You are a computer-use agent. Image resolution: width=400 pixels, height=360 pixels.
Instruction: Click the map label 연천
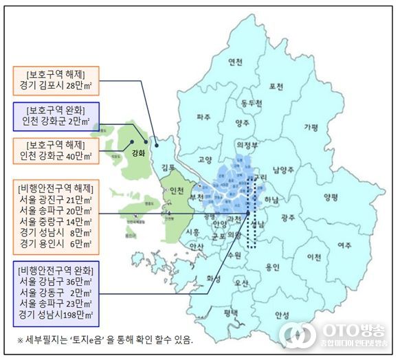click(236, 62)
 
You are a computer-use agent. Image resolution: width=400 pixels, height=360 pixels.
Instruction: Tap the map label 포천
click(277, 87)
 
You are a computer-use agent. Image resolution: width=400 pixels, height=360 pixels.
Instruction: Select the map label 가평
click(311, 127)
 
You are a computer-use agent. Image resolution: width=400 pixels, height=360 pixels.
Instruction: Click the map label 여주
click(344, 245)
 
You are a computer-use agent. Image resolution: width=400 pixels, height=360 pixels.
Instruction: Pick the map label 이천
click(314, 257)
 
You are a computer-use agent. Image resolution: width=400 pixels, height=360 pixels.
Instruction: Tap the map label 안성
click(282, 315)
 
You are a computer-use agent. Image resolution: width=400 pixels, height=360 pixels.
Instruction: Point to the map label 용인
click(273, 267)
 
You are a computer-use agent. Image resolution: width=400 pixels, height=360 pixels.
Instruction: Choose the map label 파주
click(203, 117)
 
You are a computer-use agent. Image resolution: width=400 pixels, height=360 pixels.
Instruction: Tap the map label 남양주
click(284, 169)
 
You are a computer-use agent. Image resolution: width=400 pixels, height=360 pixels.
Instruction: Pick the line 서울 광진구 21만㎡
click(56, 201)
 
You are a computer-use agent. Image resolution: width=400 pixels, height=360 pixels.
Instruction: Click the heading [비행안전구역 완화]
click(56, 267)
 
